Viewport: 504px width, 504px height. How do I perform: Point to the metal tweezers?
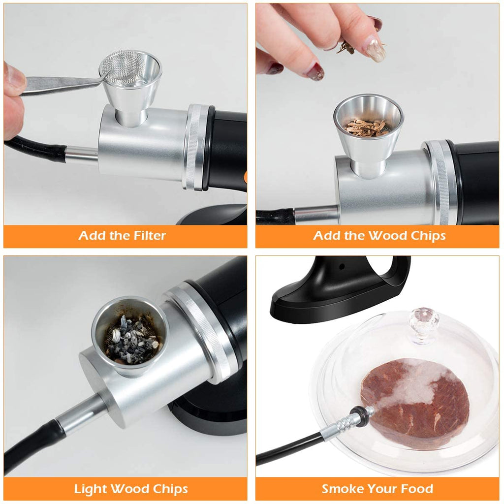coord(59,84)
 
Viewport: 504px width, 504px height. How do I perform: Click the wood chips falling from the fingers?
coord(346,47)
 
